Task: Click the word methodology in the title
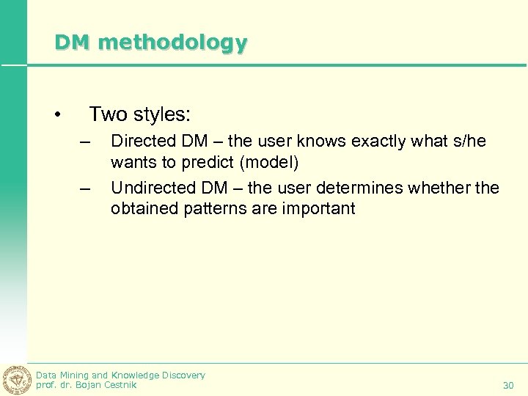click(x=172, y=43)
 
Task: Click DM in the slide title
click(x=72, y=43)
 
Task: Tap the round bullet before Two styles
click(x=57, y=115)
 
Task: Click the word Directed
click(x=139, y=141)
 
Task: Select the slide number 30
click(x=508, y=385)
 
